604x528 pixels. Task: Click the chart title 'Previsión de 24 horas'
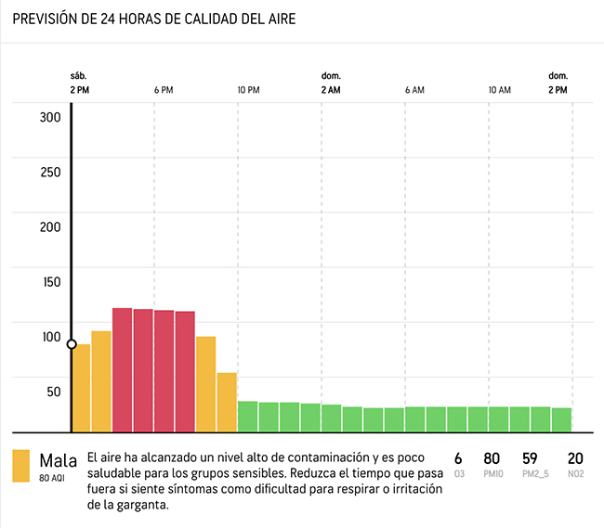coord(154,19)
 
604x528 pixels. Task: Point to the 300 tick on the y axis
coord(50,117)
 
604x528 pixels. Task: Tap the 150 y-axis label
coord(50,282)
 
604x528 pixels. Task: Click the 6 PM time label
coord(164,90)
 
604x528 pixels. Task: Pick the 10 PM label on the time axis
coord(248,90)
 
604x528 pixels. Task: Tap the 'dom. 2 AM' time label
coord(331,84)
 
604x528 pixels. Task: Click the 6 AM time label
coord(414,90)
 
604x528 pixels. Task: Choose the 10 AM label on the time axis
coord(499,90)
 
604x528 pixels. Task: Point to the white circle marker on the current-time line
coord(72,344)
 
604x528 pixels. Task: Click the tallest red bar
coord(122,369)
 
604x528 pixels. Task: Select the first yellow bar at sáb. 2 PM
coord(82,388)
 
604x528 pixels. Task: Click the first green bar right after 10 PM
coord(248,416)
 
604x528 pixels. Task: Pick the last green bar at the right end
coord(561,419)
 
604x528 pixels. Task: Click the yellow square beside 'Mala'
coord(20,466)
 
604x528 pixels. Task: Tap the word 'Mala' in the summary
coord(59,460)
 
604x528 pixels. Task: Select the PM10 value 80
coord(492,458)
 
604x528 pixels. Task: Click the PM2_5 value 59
coord(531,458)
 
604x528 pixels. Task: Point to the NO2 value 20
coord(575,458)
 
